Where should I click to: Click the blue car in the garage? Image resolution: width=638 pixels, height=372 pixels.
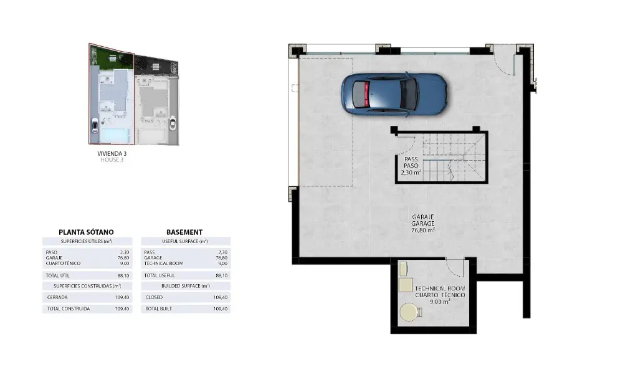pos(394,95)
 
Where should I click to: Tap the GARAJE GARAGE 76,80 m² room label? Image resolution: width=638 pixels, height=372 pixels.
pos(423,224)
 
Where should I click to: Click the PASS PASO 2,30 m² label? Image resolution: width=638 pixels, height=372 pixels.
pos(411,166)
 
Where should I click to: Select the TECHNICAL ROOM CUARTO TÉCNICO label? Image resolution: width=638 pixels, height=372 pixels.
pos(440,292)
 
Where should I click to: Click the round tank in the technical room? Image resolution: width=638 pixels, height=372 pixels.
pos(410,313)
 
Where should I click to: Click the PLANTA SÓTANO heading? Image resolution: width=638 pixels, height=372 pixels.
pos(86,232)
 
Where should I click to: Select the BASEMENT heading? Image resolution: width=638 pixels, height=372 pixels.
pos(184,232)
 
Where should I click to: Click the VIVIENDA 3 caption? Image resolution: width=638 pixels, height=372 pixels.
pos(112,153)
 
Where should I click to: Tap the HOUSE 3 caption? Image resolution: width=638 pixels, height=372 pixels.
pos(112,160)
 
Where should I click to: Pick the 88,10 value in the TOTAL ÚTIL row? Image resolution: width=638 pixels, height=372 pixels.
pos(123,275)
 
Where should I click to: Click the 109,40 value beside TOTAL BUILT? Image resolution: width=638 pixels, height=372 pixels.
pos(221,309)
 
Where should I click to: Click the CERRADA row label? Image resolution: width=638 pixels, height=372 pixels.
pos(57,297)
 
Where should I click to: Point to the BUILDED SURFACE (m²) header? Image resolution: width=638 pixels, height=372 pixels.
pos(186,286)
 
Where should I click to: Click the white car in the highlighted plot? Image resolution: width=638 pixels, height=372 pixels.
pos(95,125)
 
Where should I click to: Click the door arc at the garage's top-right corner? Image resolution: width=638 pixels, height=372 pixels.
pos(503,65)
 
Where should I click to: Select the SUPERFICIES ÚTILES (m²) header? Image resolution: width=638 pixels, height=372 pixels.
pos(87,241)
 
